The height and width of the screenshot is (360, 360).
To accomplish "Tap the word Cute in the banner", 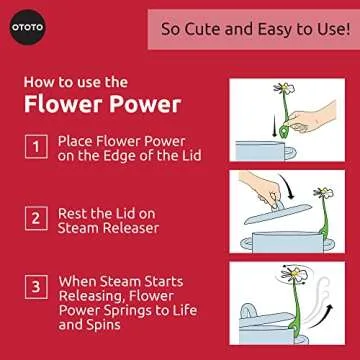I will coord(209,30).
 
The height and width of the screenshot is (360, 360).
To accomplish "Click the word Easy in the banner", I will coord(274,30).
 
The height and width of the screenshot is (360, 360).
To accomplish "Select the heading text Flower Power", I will coord(92,104).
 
